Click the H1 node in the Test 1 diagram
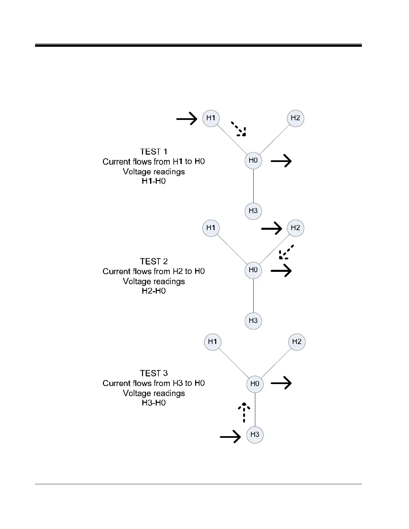(211, 118)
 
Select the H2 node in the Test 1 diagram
(295, 118)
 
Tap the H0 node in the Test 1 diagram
(253, 160)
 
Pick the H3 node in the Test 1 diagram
(253, 211)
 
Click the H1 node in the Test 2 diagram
(211, 228)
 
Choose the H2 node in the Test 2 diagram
(295, 228)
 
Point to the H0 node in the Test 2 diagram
(253, 270)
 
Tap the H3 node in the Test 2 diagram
(253, 321)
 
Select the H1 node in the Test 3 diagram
(213, 342)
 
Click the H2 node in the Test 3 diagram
(297, 342)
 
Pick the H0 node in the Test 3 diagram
(255, 383)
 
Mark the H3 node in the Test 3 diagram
(255, 434)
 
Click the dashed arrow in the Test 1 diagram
(239, 129)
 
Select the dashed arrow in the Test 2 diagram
(286, 252)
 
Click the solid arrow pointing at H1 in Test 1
(187, 118)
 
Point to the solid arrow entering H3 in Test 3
(231, 436)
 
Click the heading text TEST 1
(154, 152)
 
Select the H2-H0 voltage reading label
(154, 291)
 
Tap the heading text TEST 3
(154, 373)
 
